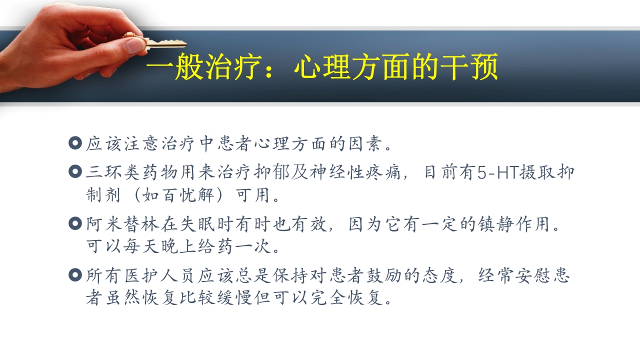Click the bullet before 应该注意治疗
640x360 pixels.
coord(75,144)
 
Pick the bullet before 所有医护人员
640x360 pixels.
coord(75,275)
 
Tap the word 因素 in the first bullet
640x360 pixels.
coord(365,144)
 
